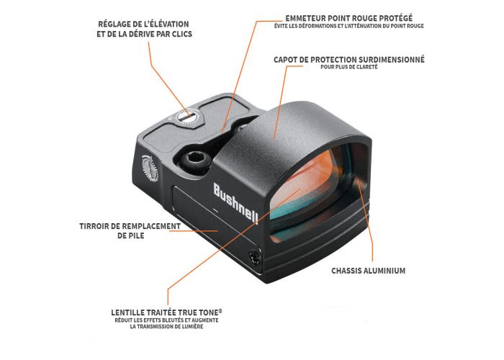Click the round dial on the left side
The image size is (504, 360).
point(150,168)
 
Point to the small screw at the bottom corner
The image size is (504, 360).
point(254,258)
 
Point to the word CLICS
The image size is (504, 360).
point(182,34)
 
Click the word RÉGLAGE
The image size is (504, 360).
point(112,24)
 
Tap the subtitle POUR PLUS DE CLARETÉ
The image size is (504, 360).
point(348,67)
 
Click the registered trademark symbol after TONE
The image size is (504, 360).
point(220,311)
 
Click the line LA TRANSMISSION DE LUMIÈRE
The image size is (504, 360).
point(166,327)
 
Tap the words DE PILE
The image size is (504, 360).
point(131,235)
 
